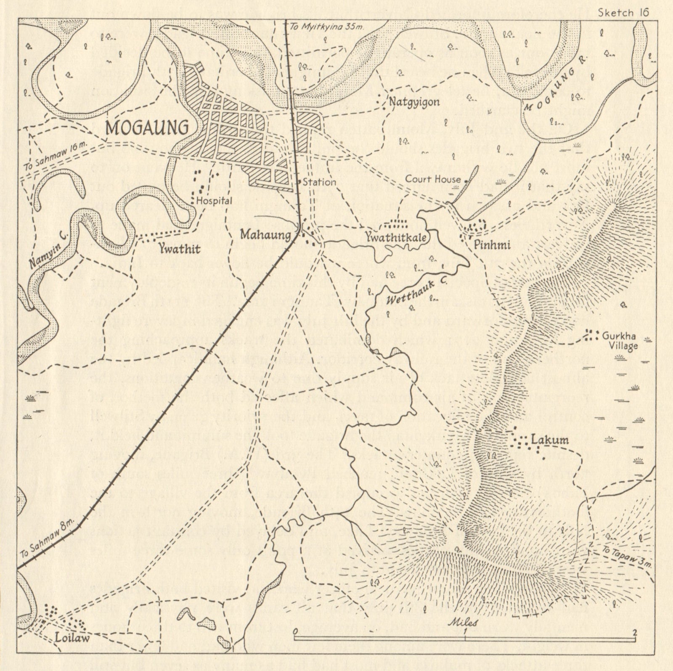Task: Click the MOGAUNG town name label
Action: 147,127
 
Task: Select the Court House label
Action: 433,179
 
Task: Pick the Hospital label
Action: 215,201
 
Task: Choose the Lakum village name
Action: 550,440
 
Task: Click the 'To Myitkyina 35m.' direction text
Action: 326,27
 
